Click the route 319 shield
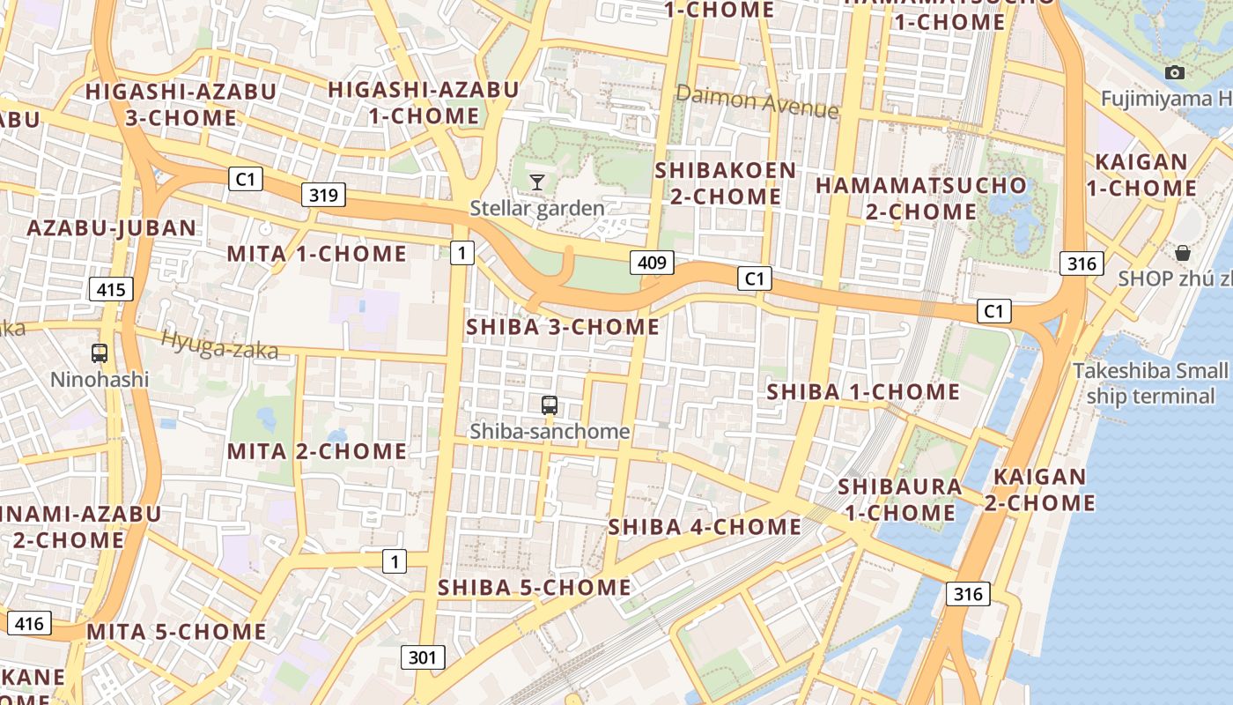[323, 195]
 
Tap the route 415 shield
[111, 288]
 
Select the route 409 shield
[652, 262]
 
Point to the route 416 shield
[28, 623]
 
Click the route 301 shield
[423, 657]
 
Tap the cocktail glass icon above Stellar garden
[536, 182]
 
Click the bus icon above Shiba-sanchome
[550, 405]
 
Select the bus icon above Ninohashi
[100, 353]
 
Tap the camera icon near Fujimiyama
[1174, 73]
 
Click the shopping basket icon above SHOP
[1182, 254]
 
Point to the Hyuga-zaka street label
[219, 345]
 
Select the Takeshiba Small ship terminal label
[1149, 383]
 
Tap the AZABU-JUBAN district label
[112, 228]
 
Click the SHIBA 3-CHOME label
[563, 327]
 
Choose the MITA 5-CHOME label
[176, 632]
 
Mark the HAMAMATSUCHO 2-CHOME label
[920, 198]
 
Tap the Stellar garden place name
[537, 209]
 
